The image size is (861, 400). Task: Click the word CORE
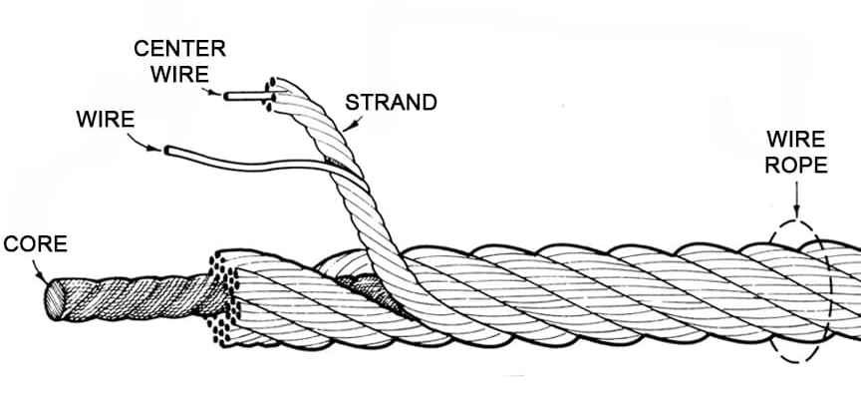point(35,244)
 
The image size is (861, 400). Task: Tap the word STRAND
point(391,102)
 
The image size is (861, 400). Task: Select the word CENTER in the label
point(179,48)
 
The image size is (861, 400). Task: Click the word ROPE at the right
point(796,166)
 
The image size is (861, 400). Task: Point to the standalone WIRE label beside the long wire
point(106,120)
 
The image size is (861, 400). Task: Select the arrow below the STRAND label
point(352,123)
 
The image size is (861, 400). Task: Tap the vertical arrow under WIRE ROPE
point(796,199)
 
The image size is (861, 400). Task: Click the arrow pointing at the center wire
point(212,92)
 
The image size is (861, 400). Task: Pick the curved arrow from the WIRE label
point(143,143)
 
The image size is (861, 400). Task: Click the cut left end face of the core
point(54,300)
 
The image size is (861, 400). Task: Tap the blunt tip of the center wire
point(225,97)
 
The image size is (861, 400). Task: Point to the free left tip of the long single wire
point(167,150)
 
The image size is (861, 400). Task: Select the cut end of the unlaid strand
point(270,95)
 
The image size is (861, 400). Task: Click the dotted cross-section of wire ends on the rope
point(223,300)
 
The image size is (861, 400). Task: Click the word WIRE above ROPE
point(796,139)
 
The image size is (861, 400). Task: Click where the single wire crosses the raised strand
point(347,174)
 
